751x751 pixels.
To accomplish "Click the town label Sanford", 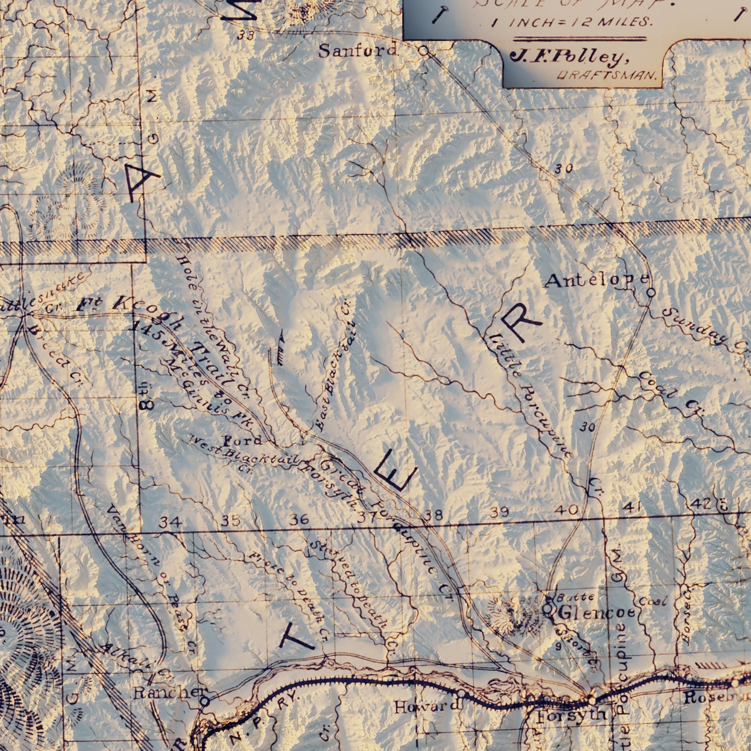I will click(358, 51).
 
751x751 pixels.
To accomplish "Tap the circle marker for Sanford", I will click(424, 51).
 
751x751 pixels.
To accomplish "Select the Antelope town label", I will click(596, 281).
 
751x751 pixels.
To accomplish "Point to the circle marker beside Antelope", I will click(651, 293).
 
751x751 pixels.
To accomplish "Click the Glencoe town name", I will click(596, 613).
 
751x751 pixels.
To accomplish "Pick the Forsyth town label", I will click(571, 715).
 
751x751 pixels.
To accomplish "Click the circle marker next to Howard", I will click(461, 694).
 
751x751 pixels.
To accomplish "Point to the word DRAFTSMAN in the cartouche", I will click(606, 75).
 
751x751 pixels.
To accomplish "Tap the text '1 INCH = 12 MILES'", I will click(571, 23).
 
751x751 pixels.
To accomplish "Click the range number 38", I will click(433, 515).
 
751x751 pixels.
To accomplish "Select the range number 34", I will click(170, 521).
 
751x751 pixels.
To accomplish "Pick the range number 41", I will click(631, 507).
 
